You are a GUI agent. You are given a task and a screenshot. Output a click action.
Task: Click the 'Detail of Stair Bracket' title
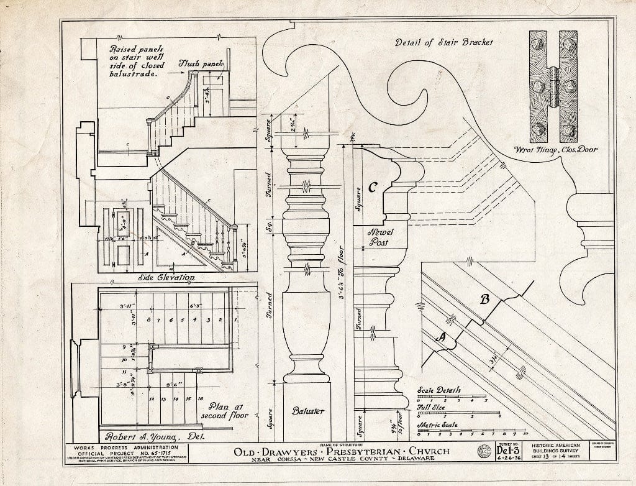coord(444,43)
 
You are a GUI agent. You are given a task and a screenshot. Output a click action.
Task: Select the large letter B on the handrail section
coord(485,300)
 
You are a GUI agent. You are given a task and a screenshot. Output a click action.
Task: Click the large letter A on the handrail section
coord(442,337)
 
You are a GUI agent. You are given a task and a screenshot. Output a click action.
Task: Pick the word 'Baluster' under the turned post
coord(307,411)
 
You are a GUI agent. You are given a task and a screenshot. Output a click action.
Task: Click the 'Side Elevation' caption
coord(166,278)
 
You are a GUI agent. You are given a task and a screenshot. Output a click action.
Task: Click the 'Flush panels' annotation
coord(201,63)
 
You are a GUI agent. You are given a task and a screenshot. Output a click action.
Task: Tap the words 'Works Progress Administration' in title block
coord(125,447)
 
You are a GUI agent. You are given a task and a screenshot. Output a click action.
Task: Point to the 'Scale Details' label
coord(439,390)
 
